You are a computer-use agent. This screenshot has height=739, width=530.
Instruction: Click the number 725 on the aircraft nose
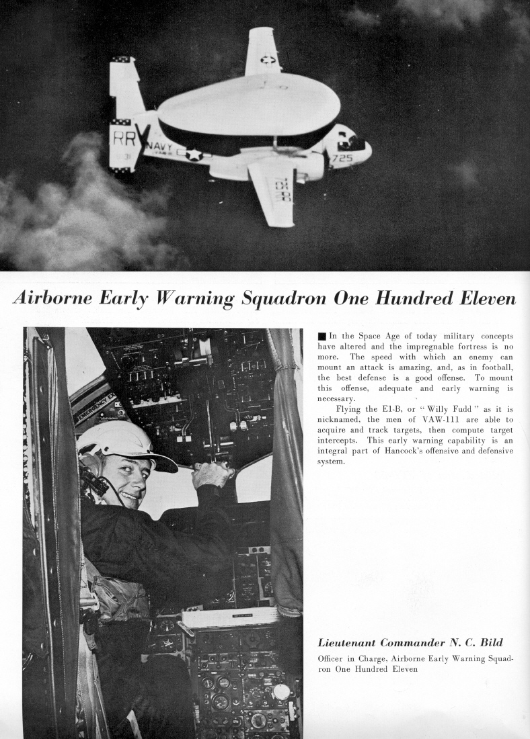(x=342, y=159)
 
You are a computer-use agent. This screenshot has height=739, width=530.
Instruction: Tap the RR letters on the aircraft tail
(x=123, y=139)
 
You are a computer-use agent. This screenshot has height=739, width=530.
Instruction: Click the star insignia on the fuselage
(x=194, y=154)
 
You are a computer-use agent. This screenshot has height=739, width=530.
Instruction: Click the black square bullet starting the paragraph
(x=322, y=337)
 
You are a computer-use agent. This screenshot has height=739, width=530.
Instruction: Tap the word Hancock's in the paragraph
(x=388, y=451)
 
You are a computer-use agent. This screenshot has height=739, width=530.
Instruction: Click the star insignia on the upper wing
(x=268, y=59)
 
